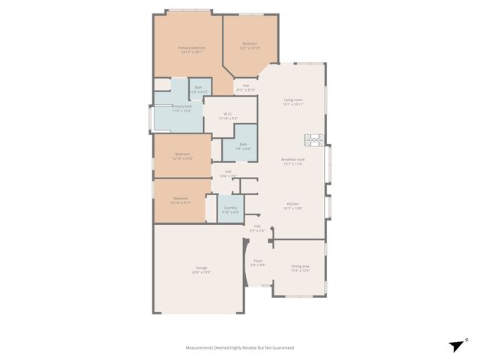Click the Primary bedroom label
pyautogui.click(x=192, y=48)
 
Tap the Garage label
pyautogui.click(x=202, y=268)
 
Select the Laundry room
pyautogui.click(x=231, y=209)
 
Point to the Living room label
pyautogui.click(x=292, y=100)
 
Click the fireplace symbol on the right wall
pyautogui.click(x=313, y=139)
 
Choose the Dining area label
pyautogui.click(x=300, y=266)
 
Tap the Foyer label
pyautogui.click(x=256, y=261)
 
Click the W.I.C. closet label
pyautogui.click(x=228, y=115)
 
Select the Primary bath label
pyautogui.click(x=181, y=106)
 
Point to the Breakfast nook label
pyautogui.click(x=292, y=159)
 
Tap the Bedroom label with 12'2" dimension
pyautogui.click(x=250, y=43)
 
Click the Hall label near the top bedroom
pyautogui.click(x=246, y=85)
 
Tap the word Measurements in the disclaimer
pyautogui.click(x=202, y=348)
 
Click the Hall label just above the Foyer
pyautogui.click(x=256, y=226)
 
